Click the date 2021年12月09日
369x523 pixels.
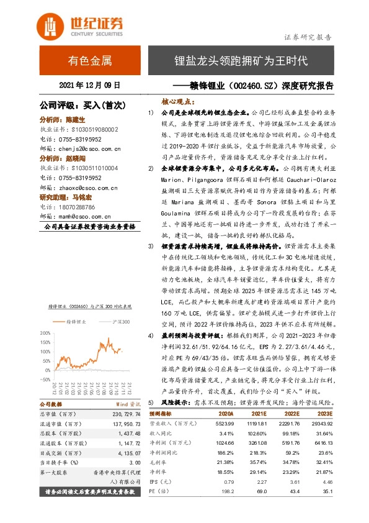(90, 85)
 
